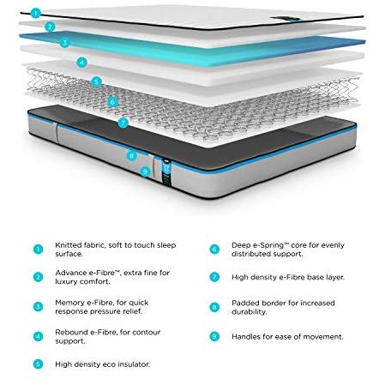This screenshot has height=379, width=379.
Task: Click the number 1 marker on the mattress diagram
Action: pyautogui.click(x=35, y=13)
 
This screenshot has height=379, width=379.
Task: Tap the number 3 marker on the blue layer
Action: pyautogui.click(x=64, y=43)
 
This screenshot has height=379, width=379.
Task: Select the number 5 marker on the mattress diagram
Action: pyautogui.click(x=96, y=82)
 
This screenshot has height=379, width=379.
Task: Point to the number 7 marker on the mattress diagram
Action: pyautogui.click(x=123, y=123)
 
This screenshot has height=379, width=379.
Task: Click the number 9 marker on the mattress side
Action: pyautogui.click(x=145, y=171)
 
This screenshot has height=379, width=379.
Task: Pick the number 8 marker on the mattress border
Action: pyautogui.click(x=131, y=156)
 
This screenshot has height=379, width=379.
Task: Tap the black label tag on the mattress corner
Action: pyautogui.click(x=166, y=173)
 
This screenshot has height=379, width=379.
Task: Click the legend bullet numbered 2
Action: pyautogui.click(x=38, y=277)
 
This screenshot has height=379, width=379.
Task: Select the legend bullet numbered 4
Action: pyautogui.click(x=38, y=336)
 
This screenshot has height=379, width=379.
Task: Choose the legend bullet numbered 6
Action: pyautogui.click(x=214, y=250)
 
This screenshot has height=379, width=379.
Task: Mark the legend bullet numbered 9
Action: pyautogui.click(x=214, y=336)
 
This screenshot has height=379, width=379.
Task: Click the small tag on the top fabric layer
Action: pyautogui.click(x=286, y=19)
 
